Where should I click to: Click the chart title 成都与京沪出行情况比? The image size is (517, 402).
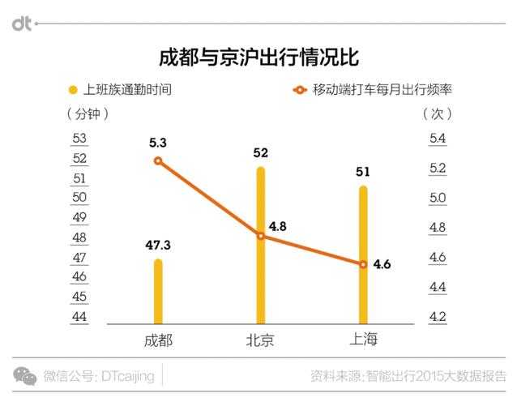pos(258,58)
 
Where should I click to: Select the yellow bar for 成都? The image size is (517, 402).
pos(158,292)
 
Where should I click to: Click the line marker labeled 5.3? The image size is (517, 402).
pos(158,160)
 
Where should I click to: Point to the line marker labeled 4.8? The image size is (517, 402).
pos(261,236)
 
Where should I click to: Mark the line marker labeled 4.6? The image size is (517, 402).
pos(363,264)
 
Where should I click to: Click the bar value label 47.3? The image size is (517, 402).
pos(158,245)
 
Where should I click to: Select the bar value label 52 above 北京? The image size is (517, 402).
pos(261,152)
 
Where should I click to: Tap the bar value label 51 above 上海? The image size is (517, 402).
pos(363,171)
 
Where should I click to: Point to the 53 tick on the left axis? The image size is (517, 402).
pos(79,139)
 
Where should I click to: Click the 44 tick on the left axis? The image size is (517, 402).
pos(79,317)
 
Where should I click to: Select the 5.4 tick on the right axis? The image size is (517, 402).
pos(438,139)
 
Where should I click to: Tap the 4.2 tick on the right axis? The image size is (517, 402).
pos(438,317)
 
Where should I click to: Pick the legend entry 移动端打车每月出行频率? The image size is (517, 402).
pos(377,89)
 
